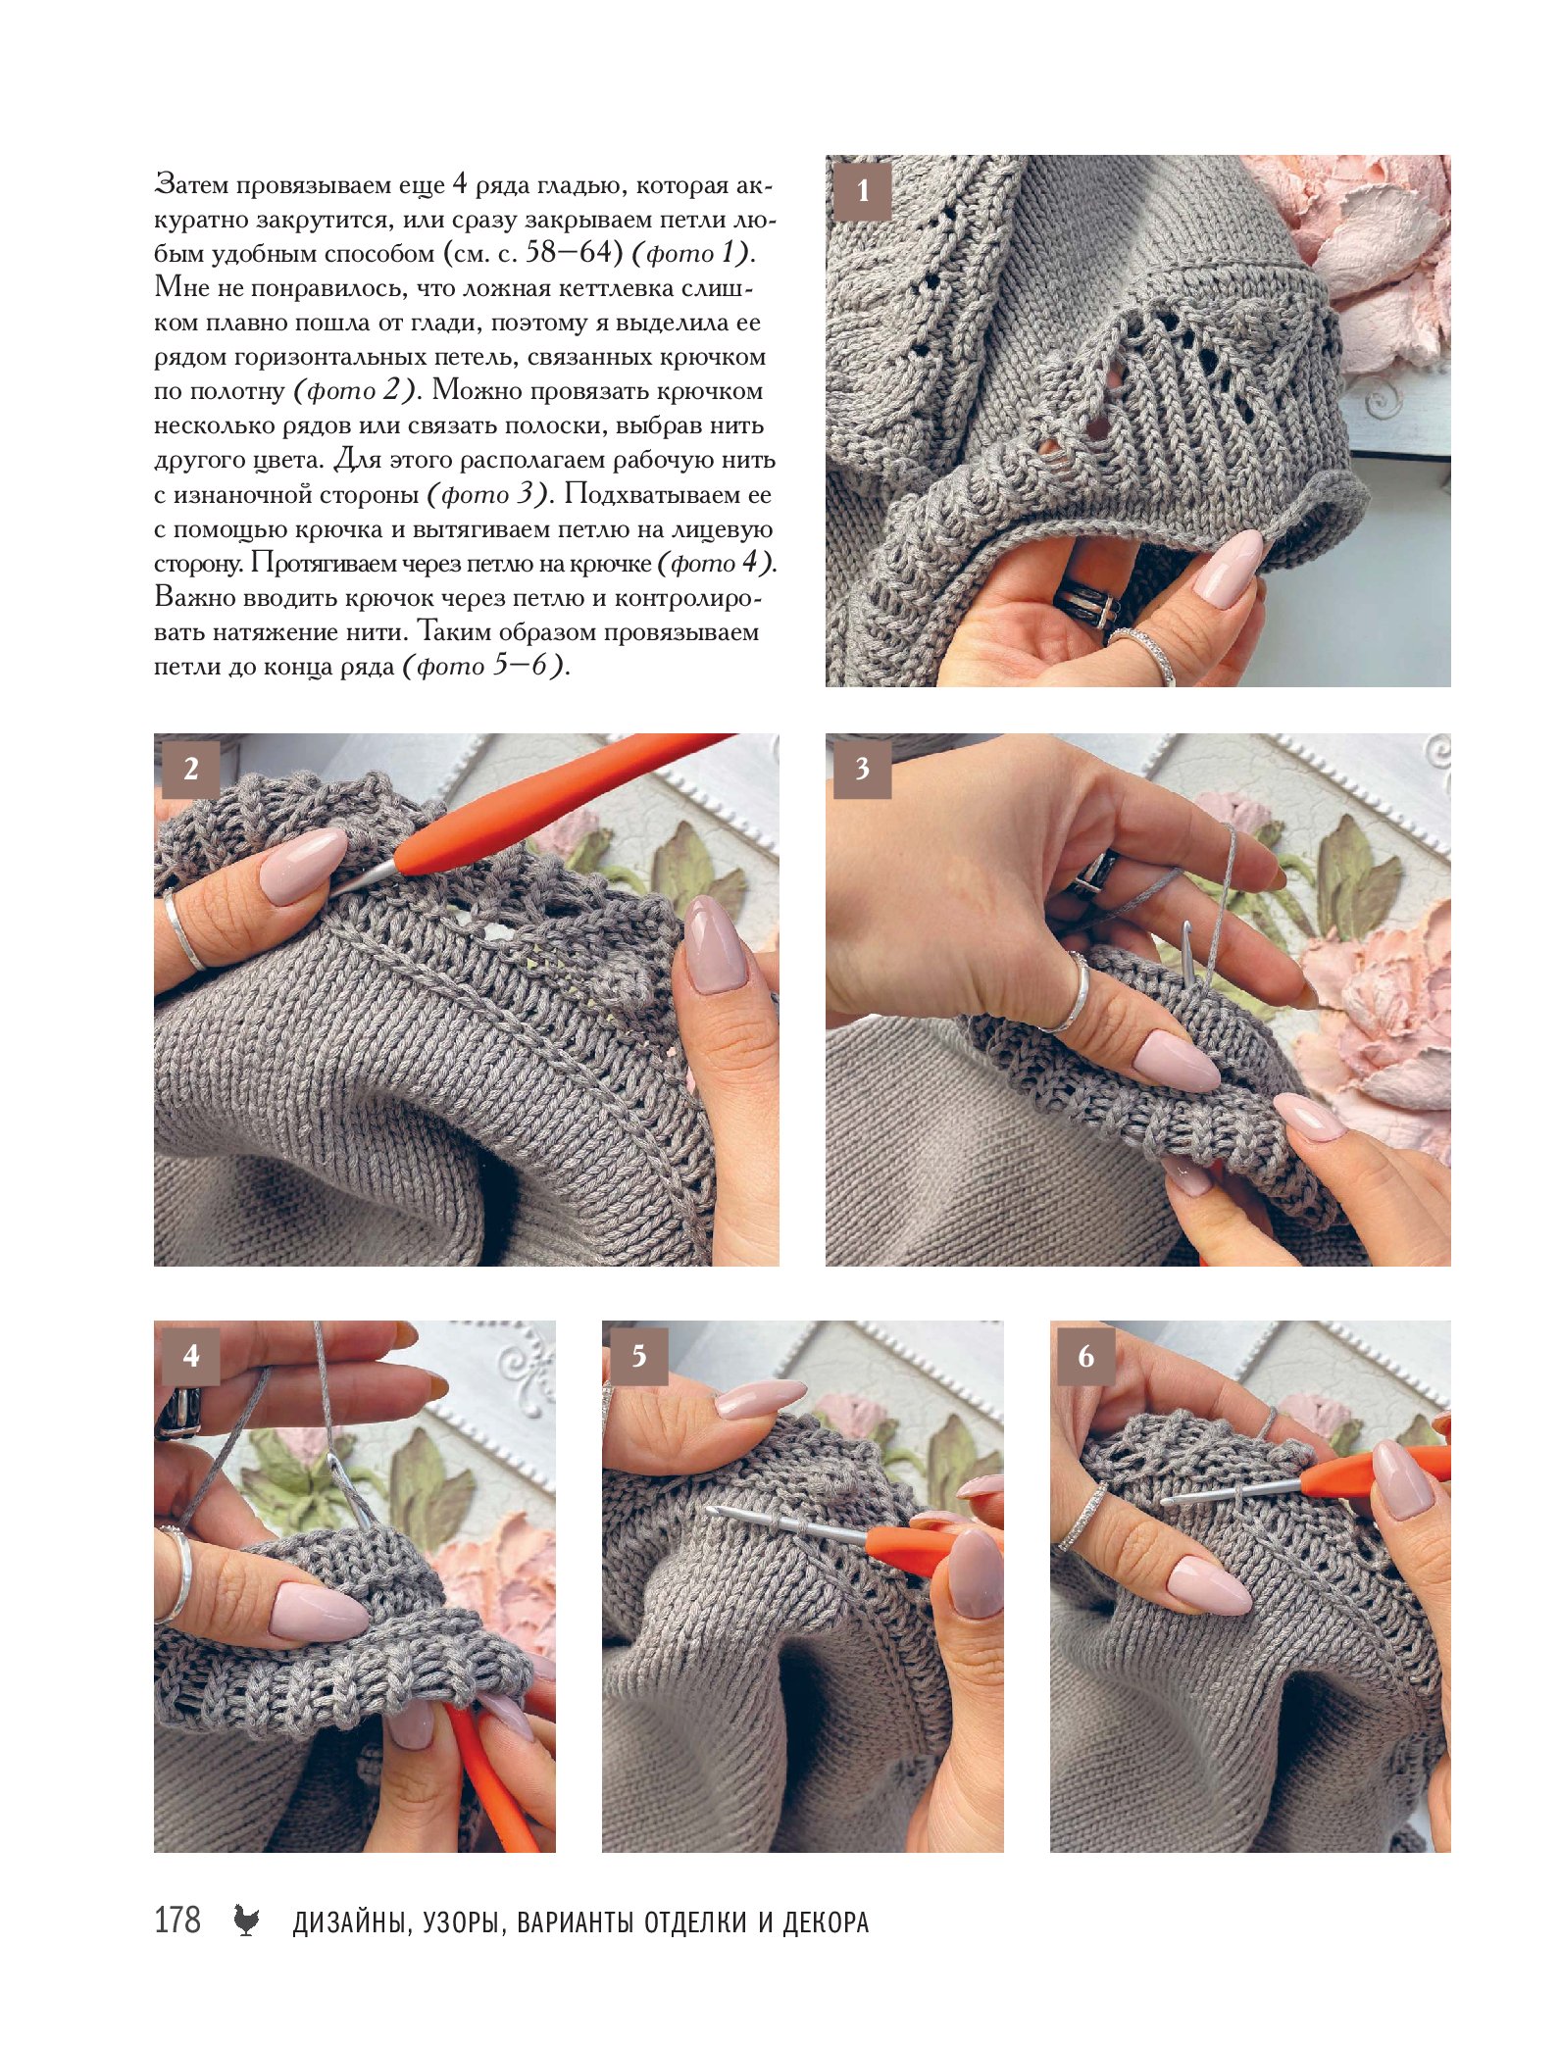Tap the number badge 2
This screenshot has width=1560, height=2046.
(x=190, y=768)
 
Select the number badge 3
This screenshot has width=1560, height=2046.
(x=862, y=768)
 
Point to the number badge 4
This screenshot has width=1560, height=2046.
(x=190, y=1356)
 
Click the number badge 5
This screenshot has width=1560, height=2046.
(x=638, y=1356)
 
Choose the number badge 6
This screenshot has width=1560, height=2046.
(x=1086, y=1356)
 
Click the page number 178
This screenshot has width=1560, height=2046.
(x=177, y=1920)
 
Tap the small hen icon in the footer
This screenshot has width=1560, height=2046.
(x=246, y=1921)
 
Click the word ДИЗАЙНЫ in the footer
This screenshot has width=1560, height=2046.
(x=350, y=1922)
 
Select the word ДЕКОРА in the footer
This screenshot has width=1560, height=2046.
(x=826, y=1922)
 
